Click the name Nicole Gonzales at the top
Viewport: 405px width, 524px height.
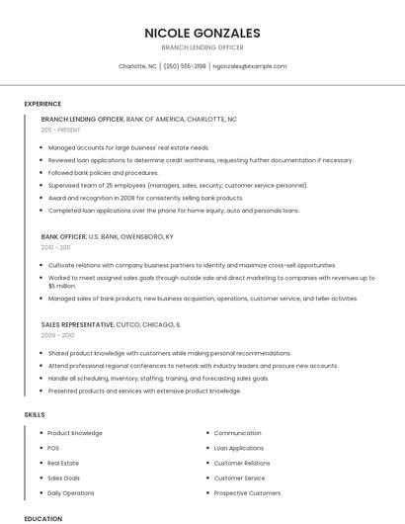coord(202,33)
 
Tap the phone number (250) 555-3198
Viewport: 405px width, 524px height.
coord(185,66)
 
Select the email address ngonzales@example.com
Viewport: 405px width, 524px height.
coord(250,66)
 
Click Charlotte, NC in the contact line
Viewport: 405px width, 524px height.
coord(137,66)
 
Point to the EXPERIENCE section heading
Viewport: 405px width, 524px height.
coord(42,104)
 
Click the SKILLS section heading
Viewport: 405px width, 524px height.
coord(35,415)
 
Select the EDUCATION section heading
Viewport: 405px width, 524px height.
coord(42,518)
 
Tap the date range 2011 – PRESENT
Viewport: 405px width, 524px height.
coord(61,130)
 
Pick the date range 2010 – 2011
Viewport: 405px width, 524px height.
coord(56,248)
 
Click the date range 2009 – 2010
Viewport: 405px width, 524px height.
coord(57,335)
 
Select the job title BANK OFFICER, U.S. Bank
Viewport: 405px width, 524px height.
coord(107,237)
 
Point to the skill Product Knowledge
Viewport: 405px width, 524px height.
coord(75,433)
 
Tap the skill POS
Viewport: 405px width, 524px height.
coord(53,448)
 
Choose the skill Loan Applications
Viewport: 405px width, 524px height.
coord(238,448)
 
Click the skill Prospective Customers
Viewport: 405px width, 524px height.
coord(247,492)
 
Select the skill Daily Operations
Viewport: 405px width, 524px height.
coord(71,492)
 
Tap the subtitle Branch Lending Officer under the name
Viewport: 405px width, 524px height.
coord(202,47)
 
